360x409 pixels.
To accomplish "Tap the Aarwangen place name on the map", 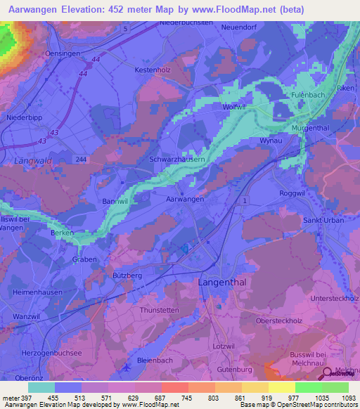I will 185,200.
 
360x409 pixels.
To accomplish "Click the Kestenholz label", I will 153,70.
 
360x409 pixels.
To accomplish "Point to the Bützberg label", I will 127,276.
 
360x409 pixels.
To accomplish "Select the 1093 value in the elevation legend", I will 348,397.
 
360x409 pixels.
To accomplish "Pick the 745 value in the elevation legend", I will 188,397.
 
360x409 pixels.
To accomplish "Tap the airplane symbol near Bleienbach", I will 126,365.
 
